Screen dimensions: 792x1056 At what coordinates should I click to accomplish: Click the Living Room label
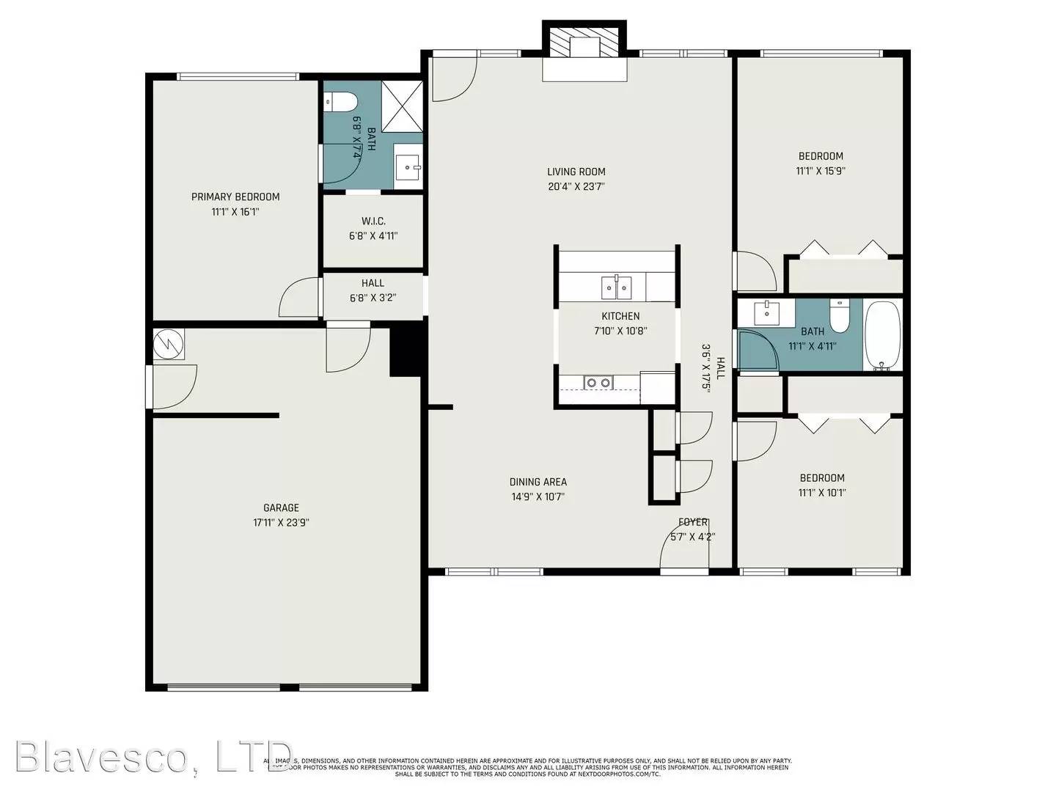point(576,172)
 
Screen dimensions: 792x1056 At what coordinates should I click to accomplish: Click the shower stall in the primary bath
point(403,106)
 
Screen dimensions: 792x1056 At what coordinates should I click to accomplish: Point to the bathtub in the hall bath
point(881,334)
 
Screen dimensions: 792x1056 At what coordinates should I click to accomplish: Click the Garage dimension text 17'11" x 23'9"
point(281,523)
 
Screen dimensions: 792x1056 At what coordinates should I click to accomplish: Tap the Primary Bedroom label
point(235,197)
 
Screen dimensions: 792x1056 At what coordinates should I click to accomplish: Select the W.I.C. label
point(373,221)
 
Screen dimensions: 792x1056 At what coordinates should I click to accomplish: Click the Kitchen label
point(620,316)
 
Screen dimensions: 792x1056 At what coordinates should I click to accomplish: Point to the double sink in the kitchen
point(617,287)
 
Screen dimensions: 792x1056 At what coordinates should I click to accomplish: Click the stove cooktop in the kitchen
point(598,382)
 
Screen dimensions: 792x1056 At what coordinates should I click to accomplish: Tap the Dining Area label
point(538,482)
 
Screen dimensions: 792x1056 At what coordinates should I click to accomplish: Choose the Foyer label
point(693,522)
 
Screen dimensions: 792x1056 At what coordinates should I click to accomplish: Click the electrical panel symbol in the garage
point(169,344)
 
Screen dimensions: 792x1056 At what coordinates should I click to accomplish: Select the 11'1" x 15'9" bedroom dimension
point(821,171)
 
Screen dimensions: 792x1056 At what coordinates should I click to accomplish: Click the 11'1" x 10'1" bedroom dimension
point(821,493)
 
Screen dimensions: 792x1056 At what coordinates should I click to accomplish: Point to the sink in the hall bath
point(766,312)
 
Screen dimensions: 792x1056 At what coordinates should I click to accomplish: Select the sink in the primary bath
point(407,167)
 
